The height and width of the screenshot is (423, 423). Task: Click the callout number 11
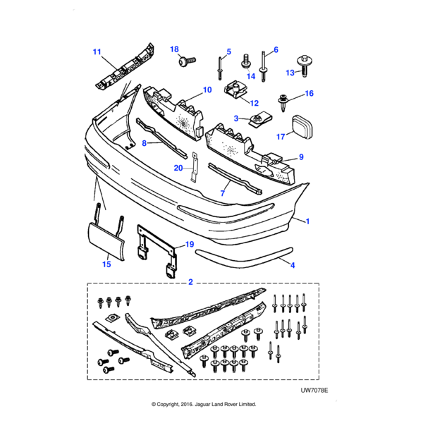pyautogui.click(x=97, y=51)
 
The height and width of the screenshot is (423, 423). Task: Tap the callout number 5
pyautogui.click(x=228, y=51)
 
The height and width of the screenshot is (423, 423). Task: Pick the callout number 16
pyautogui.click(x=309, y=93)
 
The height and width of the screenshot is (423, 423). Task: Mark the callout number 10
pyautogui.click(x=207, y=90)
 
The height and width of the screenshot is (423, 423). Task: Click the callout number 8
pyautogui.click(x=145, y=143)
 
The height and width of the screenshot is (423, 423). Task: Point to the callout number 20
pyautogui.click(x=178, y=168)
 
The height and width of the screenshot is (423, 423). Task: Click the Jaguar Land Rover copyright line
pyautogui.click(x=204, y=405)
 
